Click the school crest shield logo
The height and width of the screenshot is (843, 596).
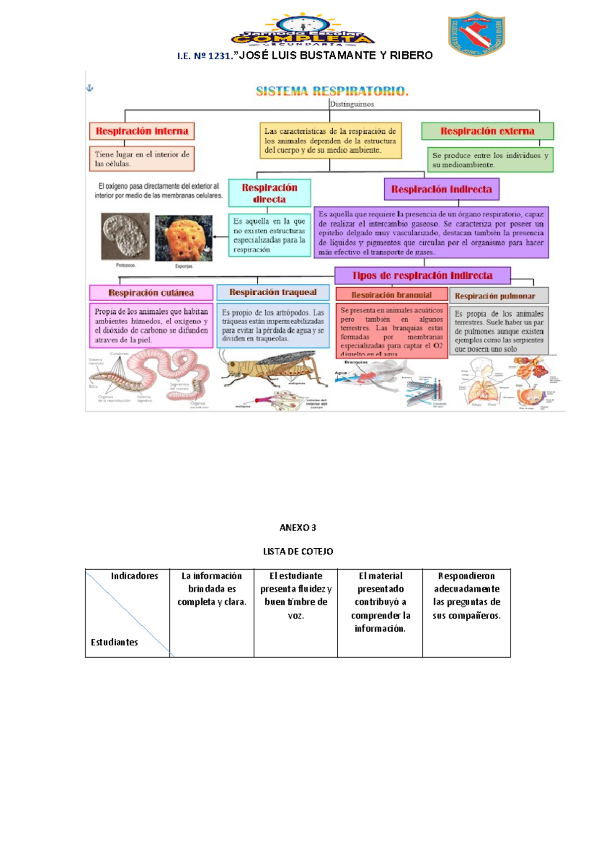(x=476, y=33)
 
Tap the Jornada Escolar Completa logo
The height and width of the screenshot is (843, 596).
(x=303, y=31)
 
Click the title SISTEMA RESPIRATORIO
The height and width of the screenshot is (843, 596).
(x=332, y=91)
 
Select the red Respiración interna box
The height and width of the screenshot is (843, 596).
(x=142, y=131)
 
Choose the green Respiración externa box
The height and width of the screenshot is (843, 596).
(x=487, y=131)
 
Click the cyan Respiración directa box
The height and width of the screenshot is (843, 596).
(x=270, y=193)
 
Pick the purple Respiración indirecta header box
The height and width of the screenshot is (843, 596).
(x=441, y=189)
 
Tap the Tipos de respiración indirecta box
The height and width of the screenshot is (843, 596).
(x=422, y=275)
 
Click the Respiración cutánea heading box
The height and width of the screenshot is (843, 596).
(x=151, y=293)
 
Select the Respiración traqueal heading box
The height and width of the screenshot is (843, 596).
(x=273, y=292)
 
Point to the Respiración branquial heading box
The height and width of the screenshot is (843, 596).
(x=391, y=295)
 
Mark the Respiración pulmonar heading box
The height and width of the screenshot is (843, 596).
(x=499, y=296)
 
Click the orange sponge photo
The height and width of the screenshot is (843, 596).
(x=183, y=238)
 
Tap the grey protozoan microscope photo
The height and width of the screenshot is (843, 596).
(x=125, y=236)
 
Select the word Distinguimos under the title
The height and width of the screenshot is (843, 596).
(x=352, y=104)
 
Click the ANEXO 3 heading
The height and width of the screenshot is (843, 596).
(x=298, y=527)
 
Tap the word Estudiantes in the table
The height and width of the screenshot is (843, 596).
(x=114, y=642)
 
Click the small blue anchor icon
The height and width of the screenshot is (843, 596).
(x=90, y=88)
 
